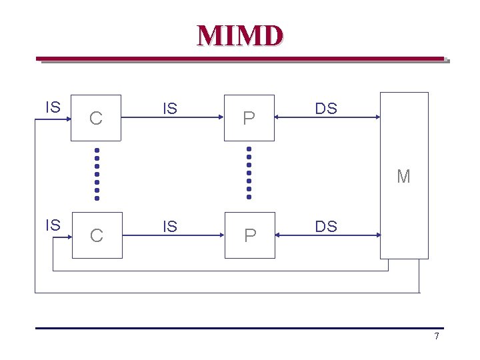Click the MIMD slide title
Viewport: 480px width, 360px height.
pos(240,35)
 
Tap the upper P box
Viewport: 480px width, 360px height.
pos(249,118)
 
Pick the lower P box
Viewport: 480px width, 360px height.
pos(249,235)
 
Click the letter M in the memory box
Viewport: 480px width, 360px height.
pos(403,177)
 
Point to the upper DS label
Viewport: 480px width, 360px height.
pos(326,109)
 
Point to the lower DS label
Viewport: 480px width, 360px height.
pos(326,227)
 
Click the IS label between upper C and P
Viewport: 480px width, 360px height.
pos(170,109)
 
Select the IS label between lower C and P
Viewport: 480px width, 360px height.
pos(170,227)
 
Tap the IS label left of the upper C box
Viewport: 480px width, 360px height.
pos(53,107)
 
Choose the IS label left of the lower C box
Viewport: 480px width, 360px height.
pos(53,225)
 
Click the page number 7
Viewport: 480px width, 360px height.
pos(437,336)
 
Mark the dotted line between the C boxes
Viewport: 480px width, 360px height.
pos(97,173)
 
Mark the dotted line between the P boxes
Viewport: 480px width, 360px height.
pos(249,173)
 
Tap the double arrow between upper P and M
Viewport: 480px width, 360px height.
pos(327,118)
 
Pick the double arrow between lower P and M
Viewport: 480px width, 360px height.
pos(327,235)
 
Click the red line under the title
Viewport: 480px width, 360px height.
pos(240,59)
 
